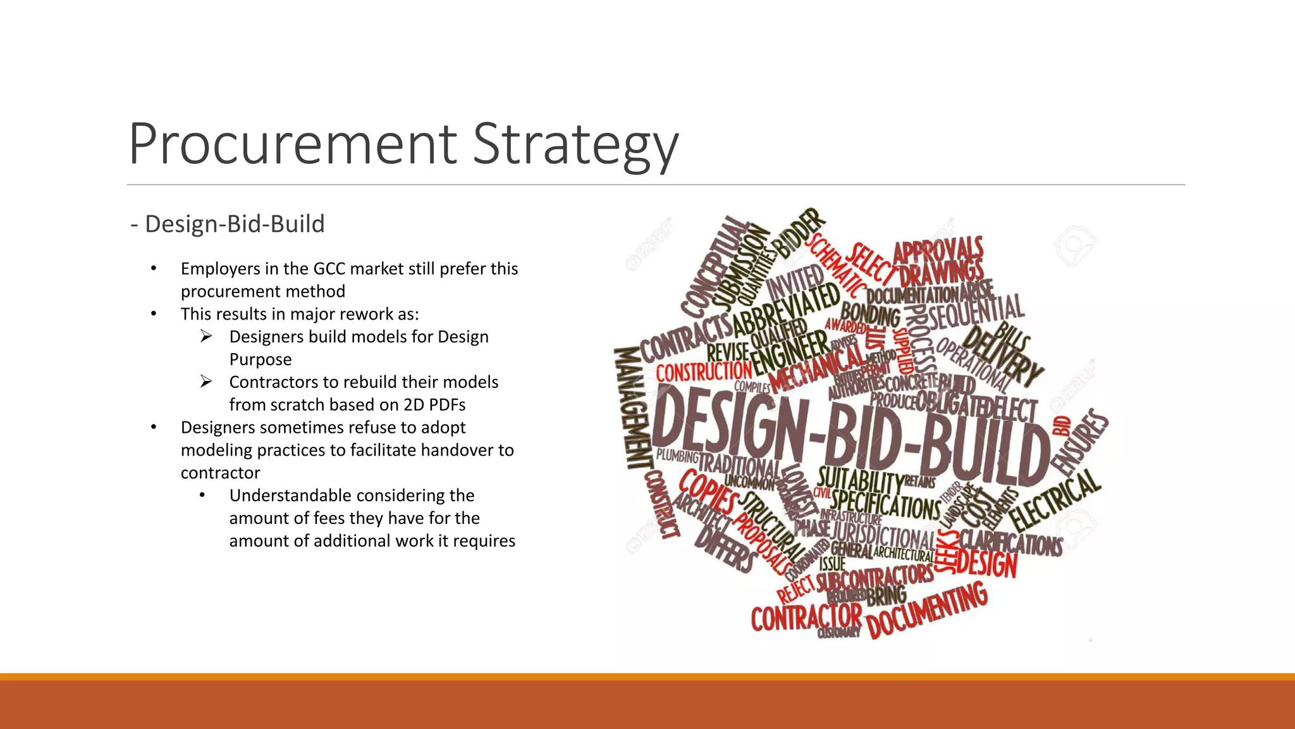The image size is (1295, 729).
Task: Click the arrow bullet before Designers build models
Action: coord(206,336)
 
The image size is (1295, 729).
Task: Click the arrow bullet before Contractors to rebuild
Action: coord(206,382)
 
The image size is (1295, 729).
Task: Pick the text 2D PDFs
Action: coord(434,405)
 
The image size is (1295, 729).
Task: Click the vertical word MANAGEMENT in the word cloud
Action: coord(632,408)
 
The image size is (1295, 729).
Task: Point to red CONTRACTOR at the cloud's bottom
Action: coord(806,617)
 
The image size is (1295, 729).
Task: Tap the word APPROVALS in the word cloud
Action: coord(938,249)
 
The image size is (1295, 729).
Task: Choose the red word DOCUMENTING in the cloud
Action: coord(927,611)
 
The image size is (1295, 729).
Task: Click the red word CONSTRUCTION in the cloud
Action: coord(703,371)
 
